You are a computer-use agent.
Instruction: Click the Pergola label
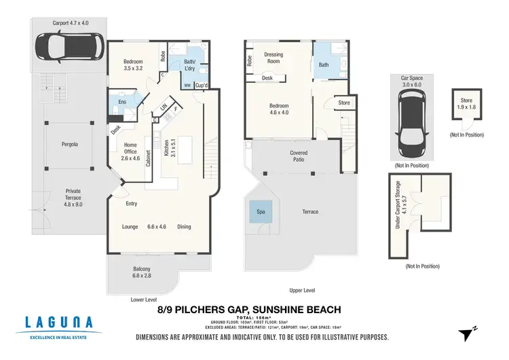point(69,144)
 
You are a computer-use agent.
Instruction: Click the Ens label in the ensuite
point(122,102)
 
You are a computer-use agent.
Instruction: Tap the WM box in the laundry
point(187,85)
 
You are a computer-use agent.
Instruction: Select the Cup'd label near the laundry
point(201,85)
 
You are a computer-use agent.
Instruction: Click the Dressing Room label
point(274,58)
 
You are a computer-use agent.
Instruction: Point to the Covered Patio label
point(298,156)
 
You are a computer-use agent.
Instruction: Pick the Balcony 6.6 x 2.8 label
point(142,273)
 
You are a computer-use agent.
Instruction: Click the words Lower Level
point(143,299)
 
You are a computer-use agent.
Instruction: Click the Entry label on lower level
point(132,203)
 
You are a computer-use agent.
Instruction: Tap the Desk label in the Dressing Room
point(268,78)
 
